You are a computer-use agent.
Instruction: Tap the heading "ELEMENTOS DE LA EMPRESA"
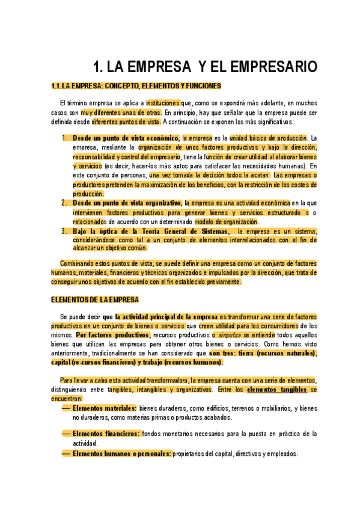95,300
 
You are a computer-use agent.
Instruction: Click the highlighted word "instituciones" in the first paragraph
163,103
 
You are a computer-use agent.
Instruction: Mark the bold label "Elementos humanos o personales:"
122,453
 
